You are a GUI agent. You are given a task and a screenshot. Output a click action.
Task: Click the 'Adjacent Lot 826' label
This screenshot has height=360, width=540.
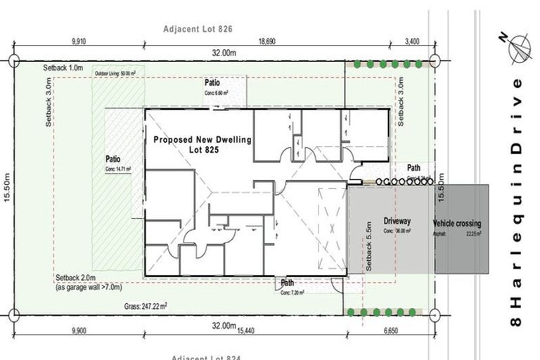pos(198,29)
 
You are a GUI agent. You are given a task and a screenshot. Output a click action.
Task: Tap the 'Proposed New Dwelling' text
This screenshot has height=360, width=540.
pos(202,140)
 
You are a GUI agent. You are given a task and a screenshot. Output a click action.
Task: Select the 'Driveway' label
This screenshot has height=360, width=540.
pos(397,220)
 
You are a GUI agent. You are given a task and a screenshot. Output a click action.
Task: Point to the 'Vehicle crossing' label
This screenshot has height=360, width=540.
pos(458,224)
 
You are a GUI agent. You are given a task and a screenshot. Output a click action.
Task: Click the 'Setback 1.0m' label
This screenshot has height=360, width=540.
pos(63,68)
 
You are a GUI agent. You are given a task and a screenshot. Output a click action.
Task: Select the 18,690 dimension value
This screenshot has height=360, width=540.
pos(266,42)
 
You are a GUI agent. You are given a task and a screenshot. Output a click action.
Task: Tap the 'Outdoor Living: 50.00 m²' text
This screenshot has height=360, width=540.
pos(116,72)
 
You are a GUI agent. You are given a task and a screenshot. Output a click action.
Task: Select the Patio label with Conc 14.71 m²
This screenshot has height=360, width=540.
pos(113,159)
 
